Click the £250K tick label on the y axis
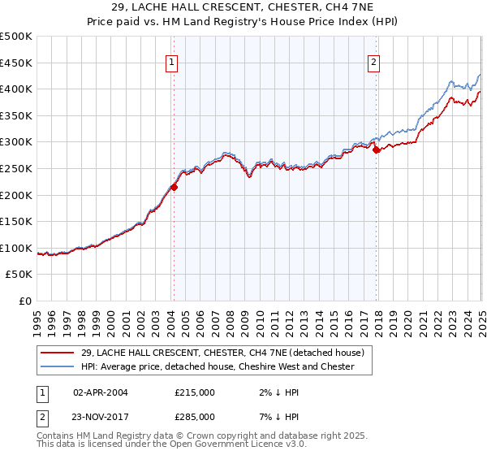tap(16, 168)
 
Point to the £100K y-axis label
tap(16, 248)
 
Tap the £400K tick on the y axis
tap(16, 89)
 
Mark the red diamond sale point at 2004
tap(174, 187)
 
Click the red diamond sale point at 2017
tap(376, 149)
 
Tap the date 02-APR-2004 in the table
tap(101, 392)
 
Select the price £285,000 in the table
tap(195, 417)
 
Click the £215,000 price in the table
tap(195, 392)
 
